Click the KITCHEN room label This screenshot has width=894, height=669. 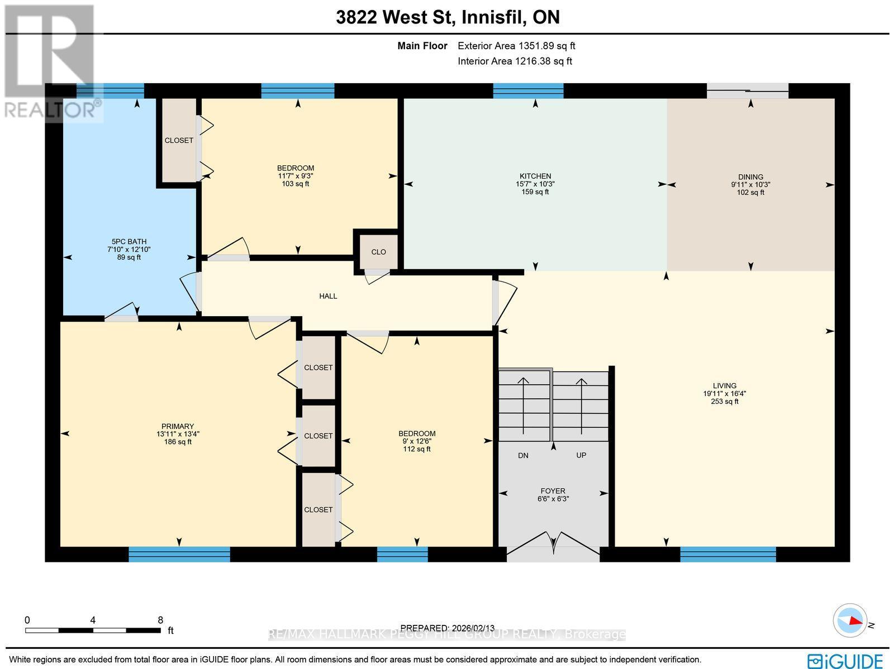535,176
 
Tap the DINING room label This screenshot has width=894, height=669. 750,177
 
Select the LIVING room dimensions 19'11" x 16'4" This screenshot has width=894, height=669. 724,394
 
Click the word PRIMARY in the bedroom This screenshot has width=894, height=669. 178,427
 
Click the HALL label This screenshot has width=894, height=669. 328,297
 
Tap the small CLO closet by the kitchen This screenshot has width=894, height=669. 378,252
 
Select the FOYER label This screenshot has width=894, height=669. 553,491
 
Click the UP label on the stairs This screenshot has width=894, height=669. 581,456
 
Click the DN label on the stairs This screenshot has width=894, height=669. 523,456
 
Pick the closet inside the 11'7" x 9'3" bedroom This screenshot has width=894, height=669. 179,141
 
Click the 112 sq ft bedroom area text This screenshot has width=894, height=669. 417,449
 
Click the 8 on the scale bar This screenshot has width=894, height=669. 160,620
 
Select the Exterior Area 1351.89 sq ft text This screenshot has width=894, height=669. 516,46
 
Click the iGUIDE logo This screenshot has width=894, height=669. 845,661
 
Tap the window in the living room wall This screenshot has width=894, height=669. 727,554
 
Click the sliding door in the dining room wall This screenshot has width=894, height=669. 748,90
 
